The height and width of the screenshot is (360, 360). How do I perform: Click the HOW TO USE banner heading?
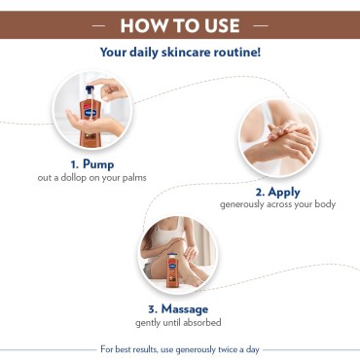click(179, 21)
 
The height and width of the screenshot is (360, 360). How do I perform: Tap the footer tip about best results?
click(181, 347)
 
